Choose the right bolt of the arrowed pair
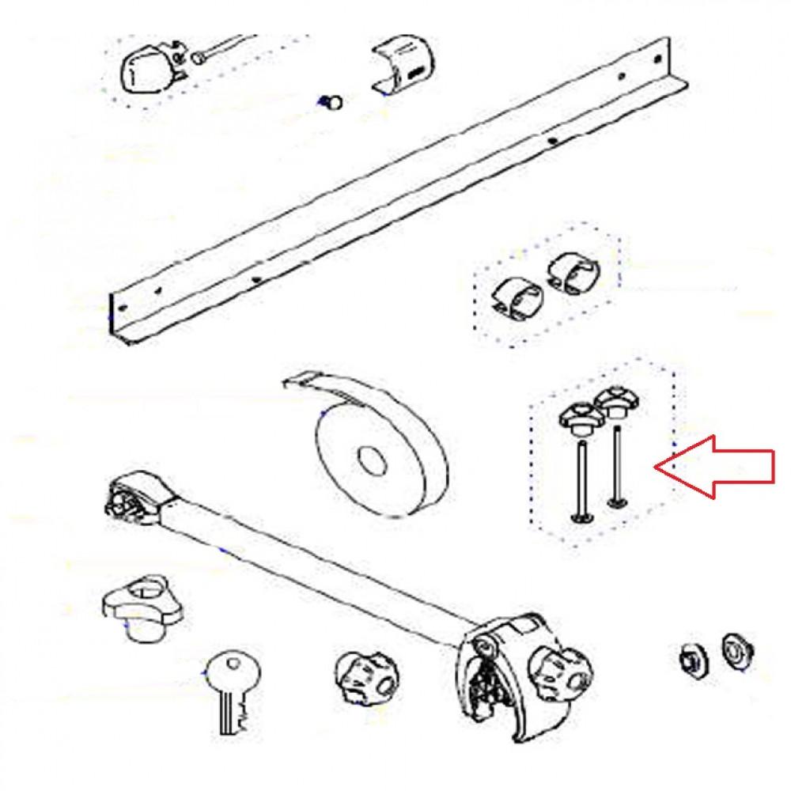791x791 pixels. tap(615, 467)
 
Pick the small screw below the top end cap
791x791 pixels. tap(332, 101)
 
